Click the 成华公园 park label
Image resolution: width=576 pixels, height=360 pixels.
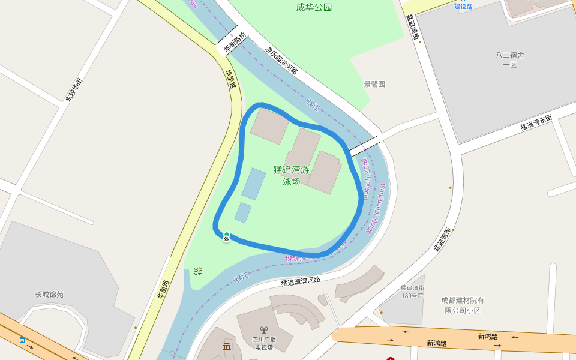314,8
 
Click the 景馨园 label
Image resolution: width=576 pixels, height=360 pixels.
374,84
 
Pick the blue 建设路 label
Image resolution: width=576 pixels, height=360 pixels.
463,7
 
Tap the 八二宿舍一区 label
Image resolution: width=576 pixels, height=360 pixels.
509,59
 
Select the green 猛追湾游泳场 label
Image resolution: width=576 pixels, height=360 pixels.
291,175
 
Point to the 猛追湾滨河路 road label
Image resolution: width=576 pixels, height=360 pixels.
301,281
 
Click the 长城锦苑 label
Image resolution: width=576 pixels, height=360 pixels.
49,295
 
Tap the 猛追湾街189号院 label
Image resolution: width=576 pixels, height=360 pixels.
412,292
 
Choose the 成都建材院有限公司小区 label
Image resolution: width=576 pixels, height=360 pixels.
463,305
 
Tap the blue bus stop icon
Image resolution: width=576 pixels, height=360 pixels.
22,340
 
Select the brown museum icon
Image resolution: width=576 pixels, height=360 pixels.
227,347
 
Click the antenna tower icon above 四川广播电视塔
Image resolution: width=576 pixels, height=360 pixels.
263,329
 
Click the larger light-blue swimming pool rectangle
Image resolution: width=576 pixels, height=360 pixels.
254,184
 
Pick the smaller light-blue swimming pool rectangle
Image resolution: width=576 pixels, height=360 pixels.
243,212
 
